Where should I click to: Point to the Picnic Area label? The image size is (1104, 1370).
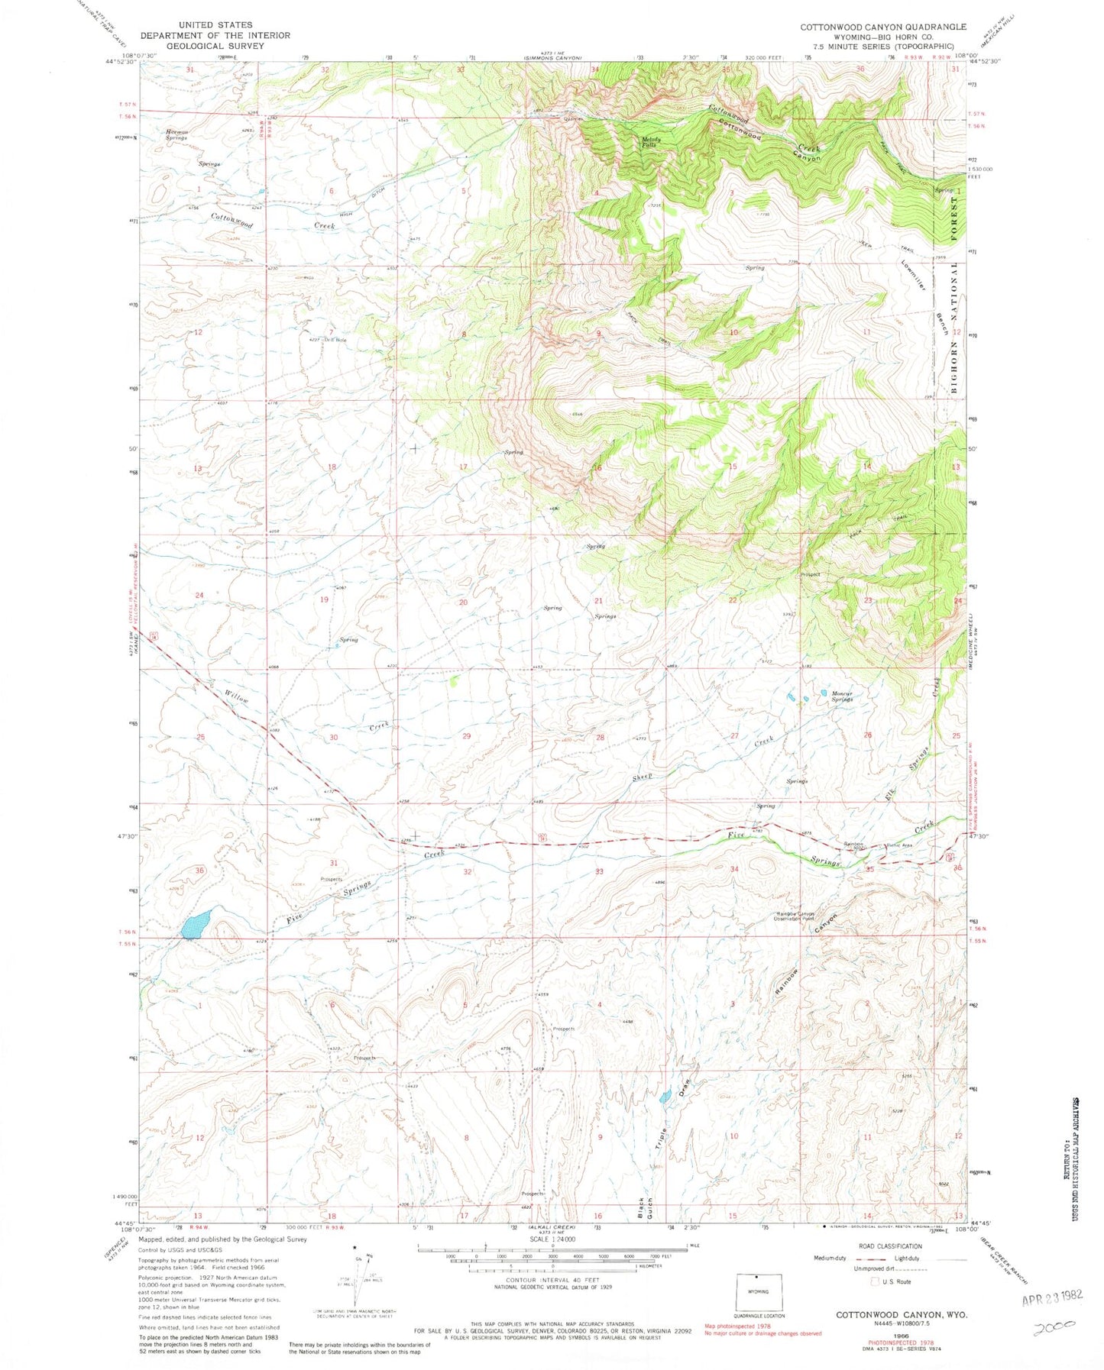click(898, 845)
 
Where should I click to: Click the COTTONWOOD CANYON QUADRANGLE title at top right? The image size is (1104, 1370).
click(883, 27)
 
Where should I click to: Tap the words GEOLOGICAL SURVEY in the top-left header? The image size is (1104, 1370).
click(215, 46)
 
